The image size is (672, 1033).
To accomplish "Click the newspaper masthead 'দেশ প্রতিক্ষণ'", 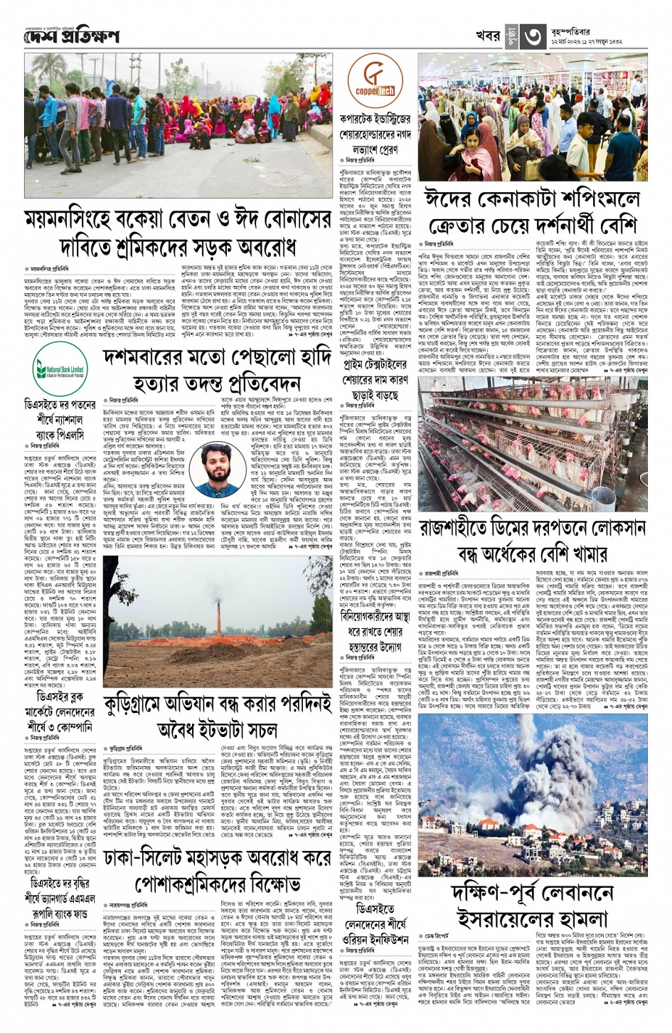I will point(71,36).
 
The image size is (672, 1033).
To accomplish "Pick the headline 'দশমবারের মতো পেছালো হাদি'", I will point(216,371).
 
